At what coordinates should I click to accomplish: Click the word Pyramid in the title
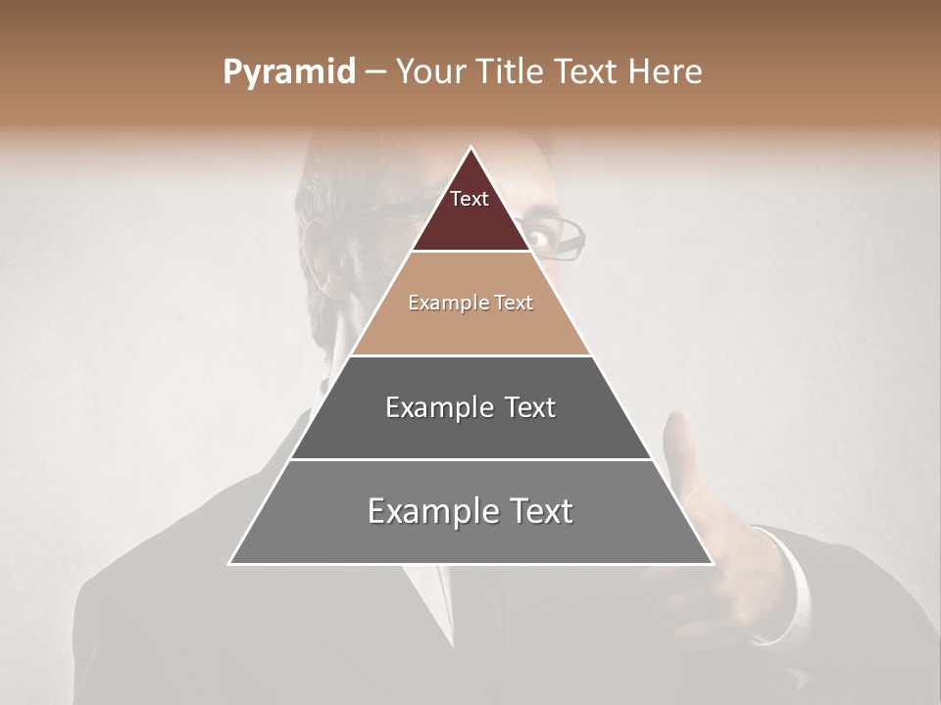pos(288,72)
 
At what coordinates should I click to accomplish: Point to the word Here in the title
pos(665,72)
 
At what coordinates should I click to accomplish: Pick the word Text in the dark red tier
pos(470,199)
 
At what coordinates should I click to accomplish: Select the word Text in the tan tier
pos(514,304)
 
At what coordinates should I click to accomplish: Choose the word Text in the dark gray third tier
pos(530,407)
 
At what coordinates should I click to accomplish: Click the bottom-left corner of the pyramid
pos(229,564)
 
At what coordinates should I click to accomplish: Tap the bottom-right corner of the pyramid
pos(713,564)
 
